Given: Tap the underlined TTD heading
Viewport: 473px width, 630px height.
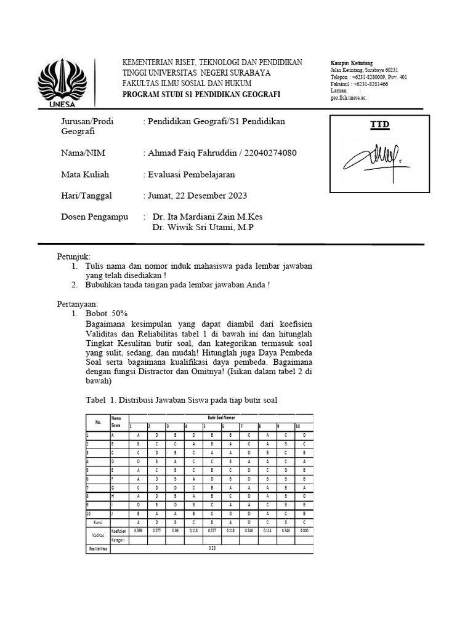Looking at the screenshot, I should coord(379,125).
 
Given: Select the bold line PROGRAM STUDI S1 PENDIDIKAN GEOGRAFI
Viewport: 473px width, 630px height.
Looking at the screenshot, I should coord(201,94).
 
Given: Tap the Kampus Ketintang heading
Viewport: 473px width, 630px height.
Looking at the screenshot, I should coord(352,63).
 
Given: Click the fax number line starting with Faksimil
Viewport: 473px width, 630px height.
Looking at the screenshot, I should coord(359,84).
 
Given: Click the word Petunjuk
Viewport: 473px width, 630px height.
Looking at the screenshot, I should coord(73,255).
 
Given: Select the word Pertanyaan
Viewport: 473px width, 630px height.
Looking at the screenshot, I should coord(78,303).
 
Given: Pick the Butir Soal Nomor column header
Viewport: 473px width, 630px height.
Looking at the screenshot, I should coord(220,418).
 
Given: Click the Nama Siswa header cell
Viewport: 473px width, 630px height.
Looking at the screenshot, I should coord(116,421).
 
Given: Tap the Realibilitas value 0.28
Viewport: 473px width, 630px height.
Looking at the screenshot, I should coord(211,549).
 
